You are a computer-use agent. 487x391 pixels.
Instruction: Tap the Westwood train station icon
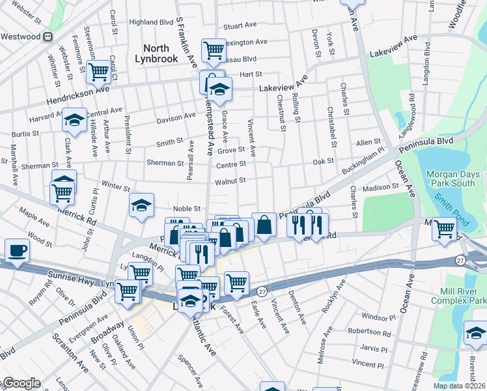[x=48, y=36]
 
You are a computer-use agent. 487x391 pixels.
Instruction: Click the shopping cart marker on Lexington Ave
[x=213, y=48]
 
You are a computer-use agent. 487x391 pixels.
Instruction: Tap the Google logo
[x=21, y=383]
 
